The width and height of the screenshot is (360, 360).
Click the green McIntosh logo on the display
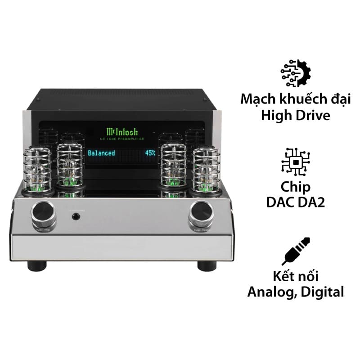coord(122,131)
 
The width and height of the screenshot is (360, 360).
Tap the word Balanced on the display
coord(101,153)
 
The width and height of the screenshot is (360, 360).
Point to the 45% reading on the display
coord(150,153)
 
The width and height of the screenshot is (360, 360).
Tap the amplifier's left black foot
coord(37,265)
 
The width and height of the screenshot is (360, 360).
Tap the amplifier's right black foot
coord(207,265)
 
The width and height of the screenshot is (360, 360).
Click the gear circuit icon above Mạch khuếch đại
coord(296,73)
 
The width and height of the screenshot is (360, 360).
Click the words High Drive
coord(296,115)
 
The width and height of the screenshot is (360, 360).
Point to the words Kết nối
coord(296,275)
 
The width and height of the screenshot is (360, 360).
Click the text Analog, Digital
coord(296,292)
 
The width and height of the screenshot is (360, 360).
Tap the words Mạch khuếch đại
coord(296,99)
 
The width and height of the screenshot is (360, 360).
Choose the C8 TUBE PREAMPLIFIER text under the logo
coord(122,139)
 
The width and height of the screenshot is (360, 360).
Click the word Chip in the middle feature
coord(296,187)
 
